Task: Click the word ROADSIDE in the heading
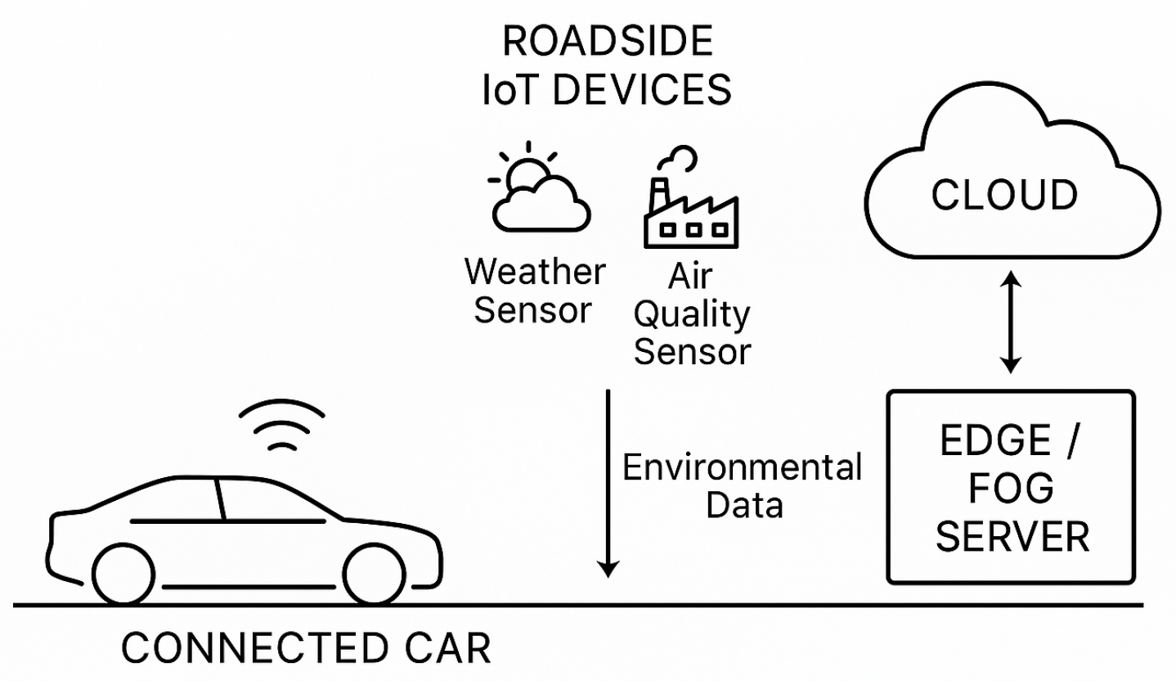608,43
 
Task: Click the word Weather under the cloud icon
534,272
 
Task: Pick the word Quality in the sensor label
693,314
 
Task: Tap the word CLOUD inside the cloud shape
1005,196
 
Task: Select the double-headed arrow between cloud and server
1012,322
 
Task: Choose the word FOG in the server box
1011,490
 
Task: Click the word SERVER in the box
1012,538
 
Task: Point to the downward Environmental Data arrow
608,483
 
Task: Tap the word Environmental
743,468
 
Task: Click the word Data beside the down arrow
744,506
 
